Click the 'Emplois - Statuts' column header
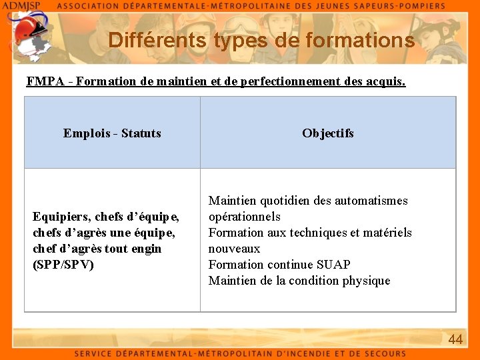click(112, 133)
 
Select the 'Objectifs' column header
click(327, 133)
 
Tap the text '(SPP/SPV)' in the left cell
click(63, 265)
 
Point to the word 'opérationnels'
click(245, 217)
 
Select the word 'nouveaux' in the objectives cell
click(234, 249)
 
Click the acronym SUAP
click(333, 265)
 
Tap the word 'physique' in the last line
click(366, 281)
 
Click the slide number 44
click(455, 339)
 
